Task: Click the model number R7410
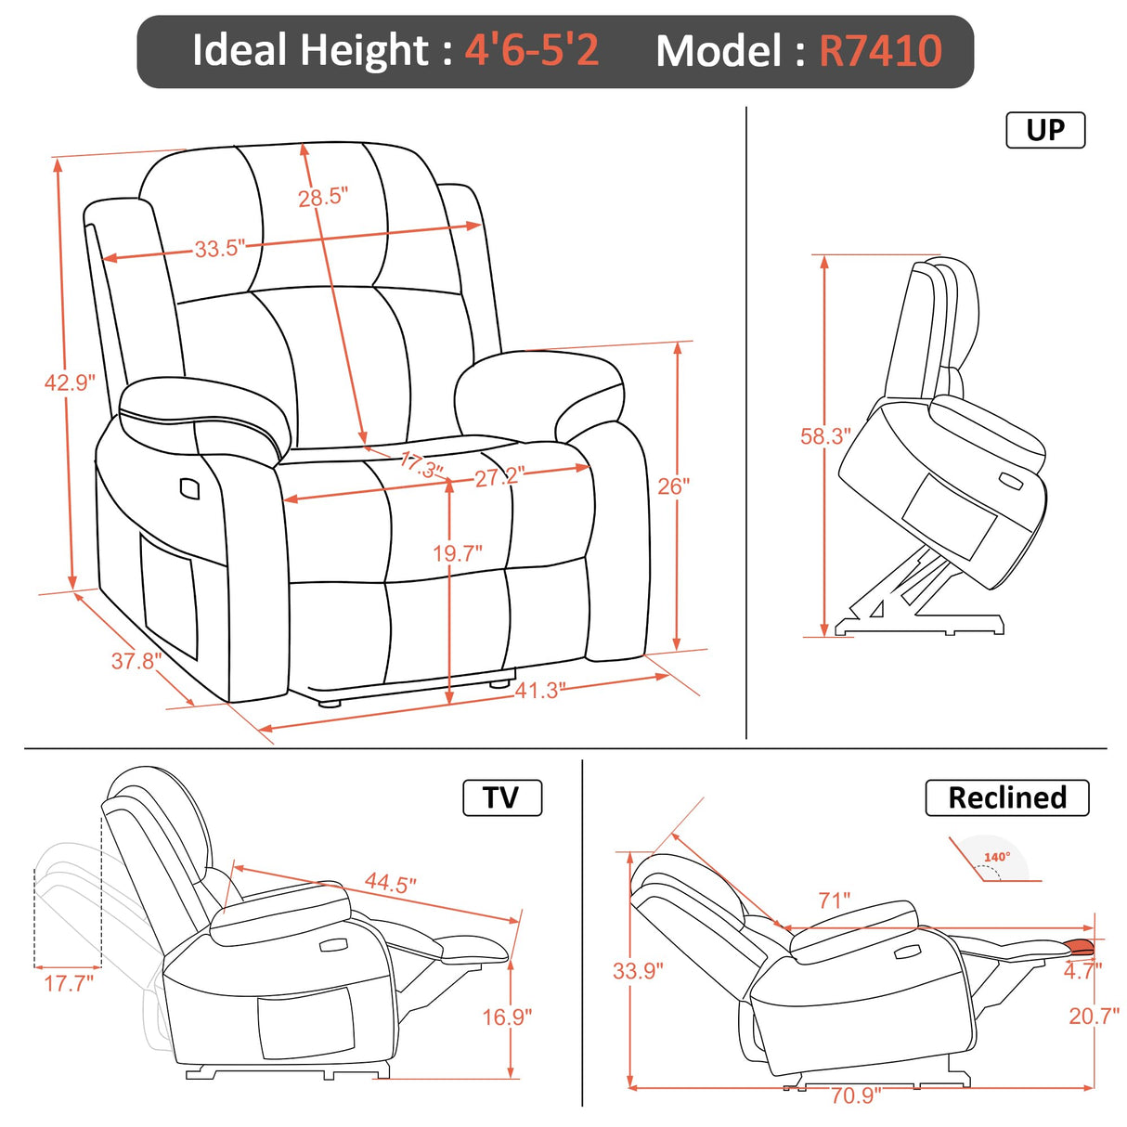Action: coord(880,51)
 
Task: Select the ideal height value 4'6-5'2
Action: coord(532,51)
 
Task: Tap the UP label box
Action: coord(1045,130)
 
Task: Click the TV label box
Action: coord(501,797)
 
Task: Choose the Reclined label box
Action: coord(1006,797)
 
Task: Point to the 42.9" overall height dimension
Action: coord(70,382)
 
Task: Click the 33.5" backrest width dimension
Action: coord(219,249)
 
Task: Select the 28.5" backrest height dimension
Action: coord(322,197)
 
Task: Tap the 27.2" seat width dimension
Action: coord(499,477)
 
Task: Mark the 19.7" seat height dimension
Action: coord(457,553)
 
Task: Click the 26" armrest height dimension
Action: coord(673,486)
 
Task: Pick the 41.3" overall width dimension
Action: coord(539,690)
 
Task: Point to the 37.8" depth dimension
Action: coord(136,661)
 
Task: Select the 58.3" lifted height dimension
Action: coord(825,436)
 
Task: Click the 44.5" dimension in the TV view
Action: coord(390,882)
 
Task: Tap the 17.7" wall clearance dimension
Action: coord(69,982)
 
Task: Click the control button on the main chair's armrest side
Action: coord(189,487)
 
